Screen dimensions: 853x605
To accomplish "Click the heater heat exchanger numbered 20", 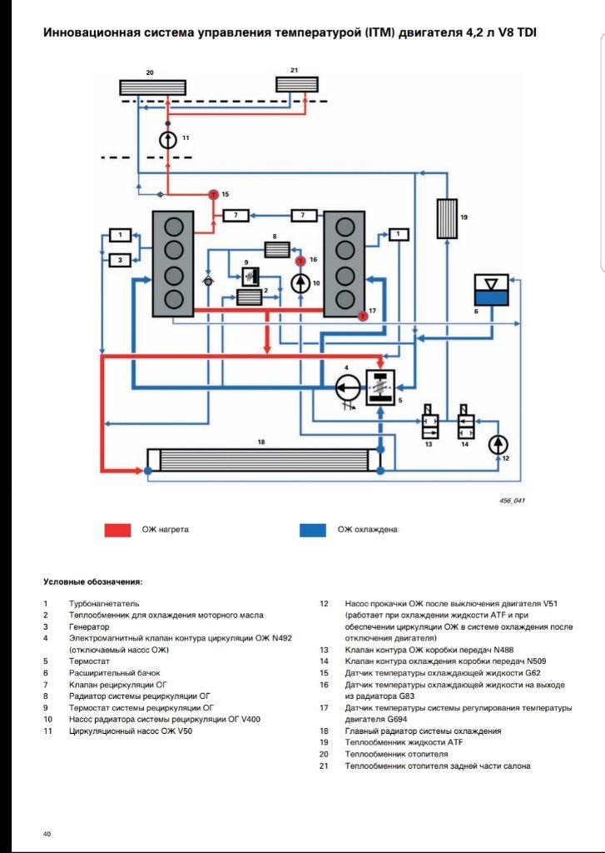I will [x=152, y=87].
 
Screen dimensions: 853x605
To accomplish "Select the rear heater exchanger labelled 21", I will [x=297, y=85].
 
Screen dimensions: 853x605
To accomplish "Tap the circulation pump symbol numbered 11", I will [x=168, y=139].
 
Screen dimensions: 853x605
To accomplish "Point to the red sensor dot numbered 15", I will [x=212, y=193].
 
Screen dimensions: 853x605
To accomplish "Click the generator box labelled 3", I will [x=120, y=261].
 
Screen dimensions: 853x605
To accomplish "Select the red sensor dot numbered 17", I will [x=363, y=316].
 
